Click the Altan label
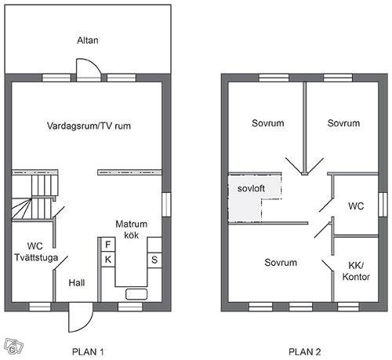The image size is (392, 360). coord(88,40)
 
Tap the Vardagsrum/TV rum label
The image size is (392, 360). coord(89,125)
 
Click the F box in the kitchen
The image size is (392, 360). coord(107,245)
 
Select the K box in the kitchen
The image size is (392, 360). coord(107,260)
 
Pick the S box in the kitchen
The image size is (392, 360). coord(154,260)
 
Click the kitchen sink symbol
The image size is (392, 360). coord(136,294)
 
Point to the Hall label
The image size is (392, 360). coord(77,282)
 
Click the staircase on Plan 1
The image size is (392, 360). coord(34,197)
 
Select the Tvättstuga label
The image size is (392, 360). coord(36,257)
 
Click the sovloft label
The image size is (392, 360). coord(251,188)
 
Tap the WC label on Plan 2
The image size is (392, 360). coord(356,206)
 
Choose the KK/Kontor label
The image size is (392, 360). coord(356,271)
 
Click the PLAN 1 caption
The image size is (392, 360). coord(88,352)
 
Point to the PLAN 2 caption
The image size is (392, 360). coord(305,352)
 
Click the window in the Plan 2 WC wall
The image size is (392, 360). coord(383,205)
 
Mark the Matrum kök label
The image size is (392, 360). coord(132,230)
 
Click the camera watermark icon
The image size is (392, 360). coord(13,346)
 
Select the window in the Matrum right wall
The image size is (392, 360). coord(166,205)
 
